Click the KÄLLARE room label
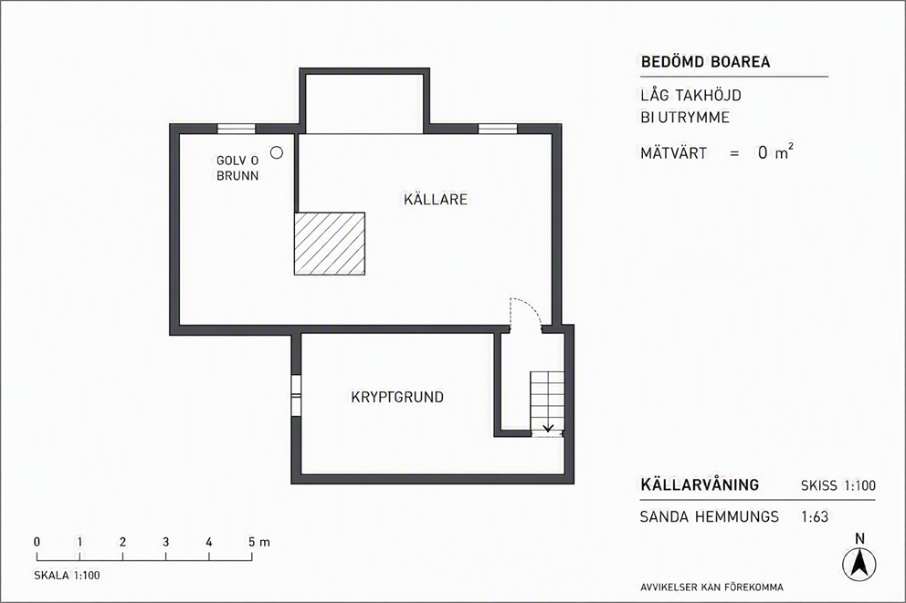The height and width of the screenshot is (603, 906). pyautogui.click(x=436, y=199)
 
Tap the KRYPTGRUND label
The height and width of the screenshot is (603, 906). pyautogui.click(x=397, y=397)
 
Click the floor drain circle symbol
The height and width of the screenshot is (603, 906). pyautogui.click(x=277, y=152)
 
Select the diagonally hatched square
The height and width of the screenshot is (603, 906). pyautogui.click(x=330, y=244)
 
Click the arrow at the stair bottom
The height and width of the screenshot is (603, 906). pyautogui.click(x=548, y=428)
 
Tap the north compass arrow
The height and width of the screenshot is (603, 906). pyautogui.click(x=859, y=563)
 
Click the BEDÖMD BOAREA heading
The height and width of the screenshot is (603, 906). pyautogui.click(x=705, y=62)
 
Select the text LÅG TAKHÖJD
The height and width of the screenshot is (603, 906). pyautogui.click(x=691, y=95)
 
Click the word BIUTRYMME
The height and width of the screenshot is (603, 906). pyautogui.click(x=685, y=118)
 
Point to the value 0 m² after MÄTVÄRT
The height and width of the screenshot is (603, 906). pyautogui.click(x=775, y=152)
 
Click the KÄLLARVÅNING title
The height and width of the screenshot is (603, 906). pyautogui.click(x=700, y=484)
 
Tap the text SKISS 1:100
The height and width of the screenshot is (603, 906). pyautogui.click(x=838, y=486)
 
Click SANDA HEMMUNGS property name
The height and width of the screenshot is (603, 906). pyautogui.click(x=710, y=516)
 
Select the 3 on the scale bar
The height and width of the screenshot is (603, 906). pyautogui.click(x=166, y=543)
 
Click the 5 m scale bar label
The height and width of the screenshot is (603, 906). pyautogui.click(x=259, y=543)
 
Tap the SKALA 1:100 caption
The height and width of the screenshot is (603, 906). pyautogui.click(x=67, y=576)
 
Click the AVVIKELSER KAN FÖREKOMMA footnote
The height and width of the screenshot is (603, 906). pyautogui.click(x=711, y=587)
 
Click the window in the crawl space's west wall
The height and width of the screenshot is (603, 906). pyautogui.click(x=296, y=395)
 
